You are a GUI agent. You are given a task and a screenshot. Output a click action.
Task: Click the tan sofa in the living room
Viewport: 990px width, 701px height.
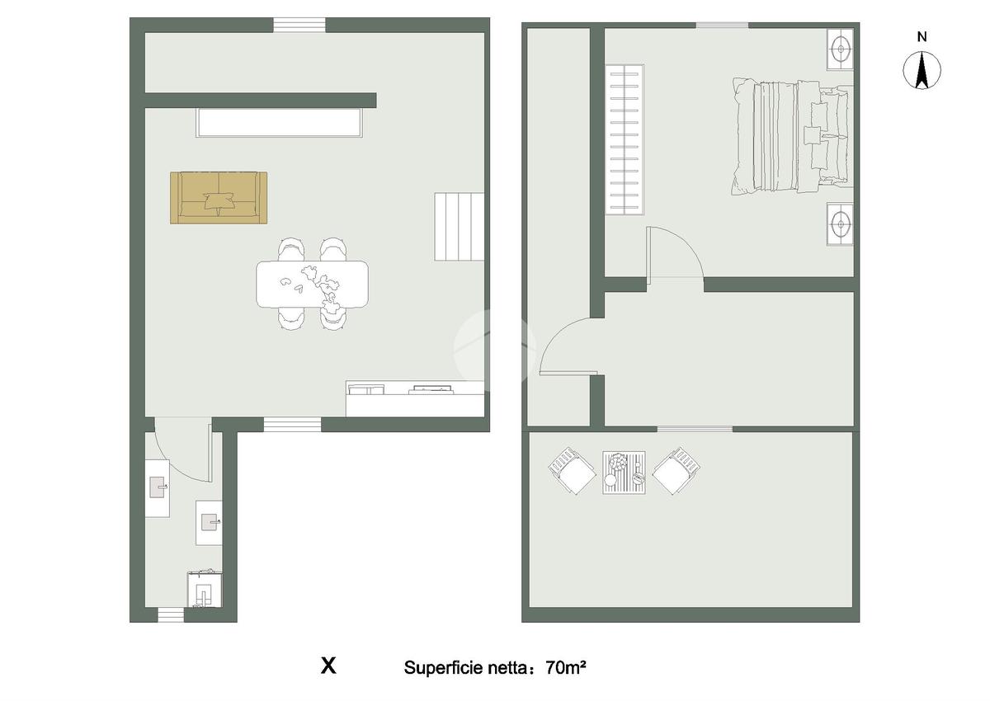219,197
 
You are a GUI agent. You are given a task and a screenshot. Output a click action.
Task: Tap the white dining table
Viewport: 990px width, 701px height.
312,285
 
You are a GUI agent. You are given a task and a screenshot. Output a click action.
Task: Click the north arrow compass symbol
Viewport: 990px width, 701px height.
922,70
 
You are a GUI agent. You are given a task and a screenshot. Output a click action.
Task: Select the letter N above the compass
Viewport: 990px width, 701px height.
922,37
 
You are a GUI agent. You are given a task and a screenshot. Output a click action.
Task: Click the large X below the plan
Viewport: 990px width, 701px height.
328,666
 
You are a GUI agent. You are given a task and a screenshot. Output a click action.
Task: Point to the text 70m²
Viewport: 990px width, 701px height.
566,667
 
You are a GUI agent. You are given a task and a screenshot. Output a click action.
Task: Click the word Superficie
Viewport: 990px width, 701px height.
444,668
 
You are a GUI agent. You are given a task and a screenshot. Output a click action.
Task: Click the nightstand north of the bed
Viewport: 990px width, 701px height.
840,49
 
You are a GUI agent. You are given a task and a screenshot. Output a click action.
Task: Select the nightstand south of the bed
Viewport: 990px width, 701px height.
840,224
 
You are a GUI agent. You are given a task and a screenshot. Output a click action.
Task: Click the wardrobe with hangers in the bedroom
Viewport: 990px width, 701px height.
625,139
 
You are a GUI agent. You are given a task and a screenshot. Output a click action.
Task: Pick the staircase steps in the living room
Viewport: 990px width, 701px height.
460,227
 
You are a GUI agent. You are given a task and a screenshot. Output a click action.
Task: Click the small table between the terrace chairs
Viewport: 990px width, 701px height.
624,473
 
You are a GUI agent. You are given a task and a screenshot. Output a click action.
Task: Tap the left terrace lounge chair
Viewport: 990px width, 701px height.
572,471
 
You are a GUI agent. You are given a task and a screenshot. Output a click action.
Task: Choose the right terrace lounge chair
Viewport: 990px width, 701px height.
676,471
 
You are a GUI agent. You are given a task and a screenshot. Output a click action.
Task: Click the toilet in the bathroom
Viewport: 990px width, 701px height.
205,590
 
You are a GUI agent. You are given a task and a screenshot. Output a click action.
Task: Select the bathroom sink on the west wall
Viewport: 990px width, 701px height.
158,488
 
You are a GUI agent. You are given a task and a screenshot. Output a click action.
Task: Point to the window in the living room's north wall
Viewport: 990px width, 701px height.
299,25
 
